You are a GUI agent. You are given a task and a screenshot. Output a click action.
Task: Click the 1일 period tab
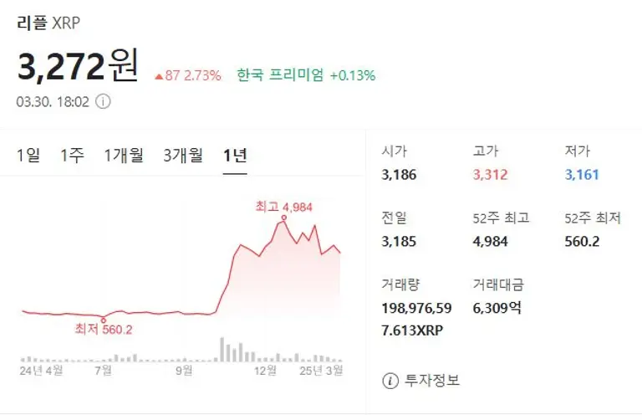pyautogui.click(x=28, y=155)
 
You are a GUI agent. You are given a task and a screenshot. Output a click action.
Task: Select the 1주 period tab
pyautogui.click(x=72, y=155)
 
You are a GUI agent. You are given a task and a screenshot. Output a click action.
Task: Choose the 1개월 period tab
pyautogui.click(x=124, y=155)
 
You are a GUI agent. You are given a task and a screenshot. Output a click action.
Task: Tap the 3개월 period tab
pyautogui.click(x=183, y=155)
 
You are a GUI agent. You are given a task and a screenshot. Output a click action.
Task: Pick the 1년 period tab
pyautogui.click(x=235, y=155)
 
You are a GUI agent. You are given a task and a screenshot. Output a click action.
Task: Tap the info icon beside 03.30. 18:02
pyautogui.click(x=103, y=101)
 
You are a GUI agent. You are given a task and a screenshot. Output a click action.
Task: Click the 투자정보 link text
pyautogui.click(x=432, y=381)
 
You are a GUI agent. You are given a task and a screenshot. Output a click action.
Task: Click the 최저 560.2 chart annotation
pyautogui.click(x=104, y=329)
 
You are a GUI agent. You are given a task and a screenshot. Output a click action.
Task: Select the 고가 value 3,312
pyautogui.click(x=490, y=175)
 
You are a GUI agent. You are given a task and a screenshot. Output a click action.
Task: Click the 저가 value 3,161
pyautogui.click(x=582, y=175)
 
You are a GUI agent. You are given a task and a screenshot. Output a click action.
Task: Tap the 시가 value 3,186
pyautogui.click(x=399, y=175)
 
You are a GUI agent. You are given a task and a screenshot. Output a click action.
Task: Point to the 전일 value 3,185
pyautogui.click(x=399, y=241)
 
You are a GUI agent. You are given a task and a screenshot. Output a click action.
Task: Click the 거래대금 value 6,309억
pyautogui.click(x=497, y=307)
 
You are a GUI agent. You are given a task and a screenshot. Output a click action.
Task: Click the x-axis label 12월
pyautogui.click(x=265, y=369)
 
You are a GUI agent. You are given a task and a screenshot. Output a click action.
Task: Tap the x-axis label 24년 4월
pyautogui.click(x=42, y=369)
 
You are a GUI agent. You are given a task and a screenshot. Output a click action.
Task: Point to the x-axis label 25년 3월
pyautogui.click(x=322, y=369)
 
